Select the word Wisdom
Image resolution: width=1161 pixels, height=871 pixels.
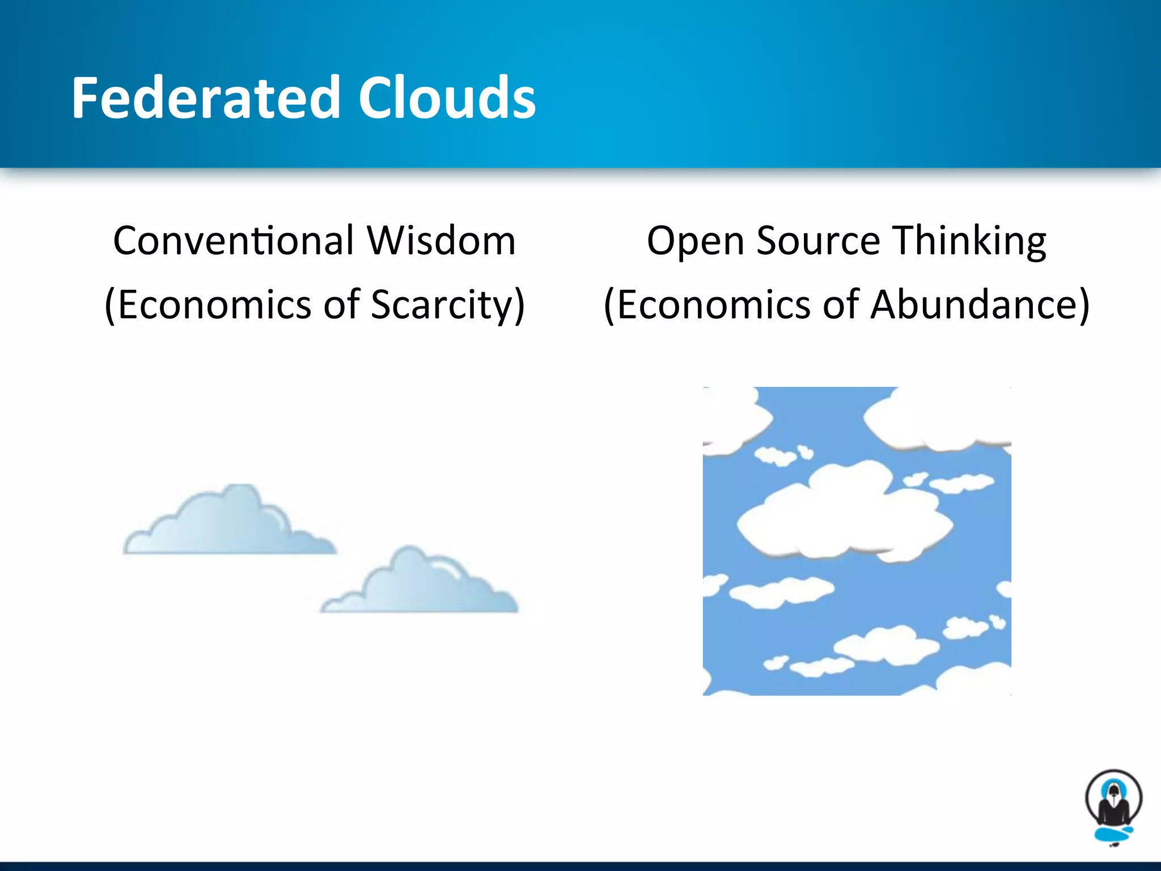(441, 241)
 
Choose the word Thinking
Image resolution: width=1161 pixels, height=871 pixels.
(969, 241)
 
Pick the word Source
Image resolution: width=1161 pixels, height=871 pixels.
(818, 241)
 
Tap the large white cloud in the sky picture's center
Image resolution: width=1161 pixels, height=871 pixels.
(845, 513)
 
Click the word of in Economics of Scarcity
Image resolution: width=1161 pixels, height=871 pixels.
(342, 305)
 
